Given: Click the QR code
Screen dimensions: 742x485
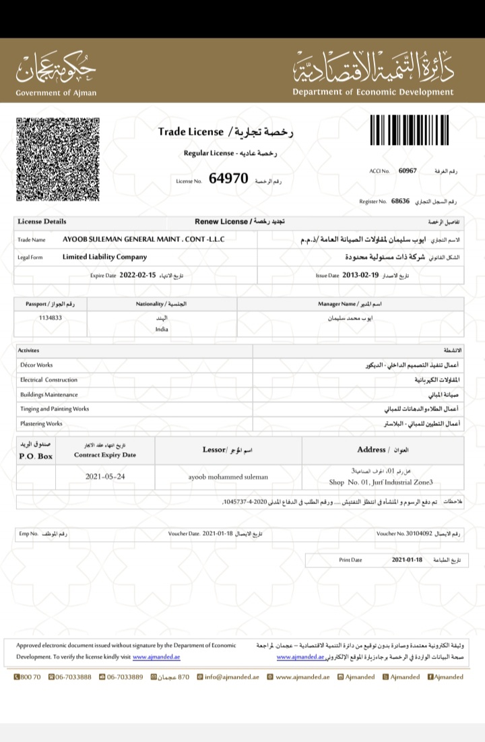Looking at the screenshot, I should point(58,159).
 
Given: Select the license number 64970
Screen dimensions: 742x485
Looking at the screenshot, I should point(229,179).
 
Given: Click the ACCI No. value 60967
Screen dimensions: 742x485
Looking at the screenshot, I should point(408,171).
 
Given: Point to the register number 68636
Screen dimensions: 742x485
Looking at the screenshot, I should point(400,201).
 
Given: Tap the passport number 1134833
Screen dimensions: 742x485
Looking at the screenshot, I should point(51,317).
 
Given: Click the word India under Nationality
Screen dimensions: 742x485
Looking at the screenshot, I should point(162,330).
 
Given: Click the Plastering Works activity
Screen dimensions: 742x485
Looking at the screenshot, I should point(41,424).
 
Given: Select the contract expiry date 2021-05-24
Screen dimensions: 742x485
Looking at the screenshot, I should point(105,476).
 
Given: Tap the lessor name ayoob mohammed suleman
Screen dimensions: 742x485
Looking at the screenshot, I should point(228,476).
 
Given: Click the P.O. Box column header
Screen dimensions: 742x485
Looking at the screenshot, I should point(36,456).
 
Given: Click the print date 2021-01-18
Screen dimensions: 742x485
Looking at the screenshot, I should point(406,560).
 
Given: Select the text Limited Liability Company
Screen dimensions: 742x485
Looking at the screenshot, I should point(104,257).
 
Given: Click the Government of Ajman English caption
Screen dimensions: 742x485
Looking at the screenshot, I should point(56,92).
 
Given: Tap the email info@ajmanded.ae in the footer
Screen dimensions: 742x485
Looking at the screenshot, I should point(232,677).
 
